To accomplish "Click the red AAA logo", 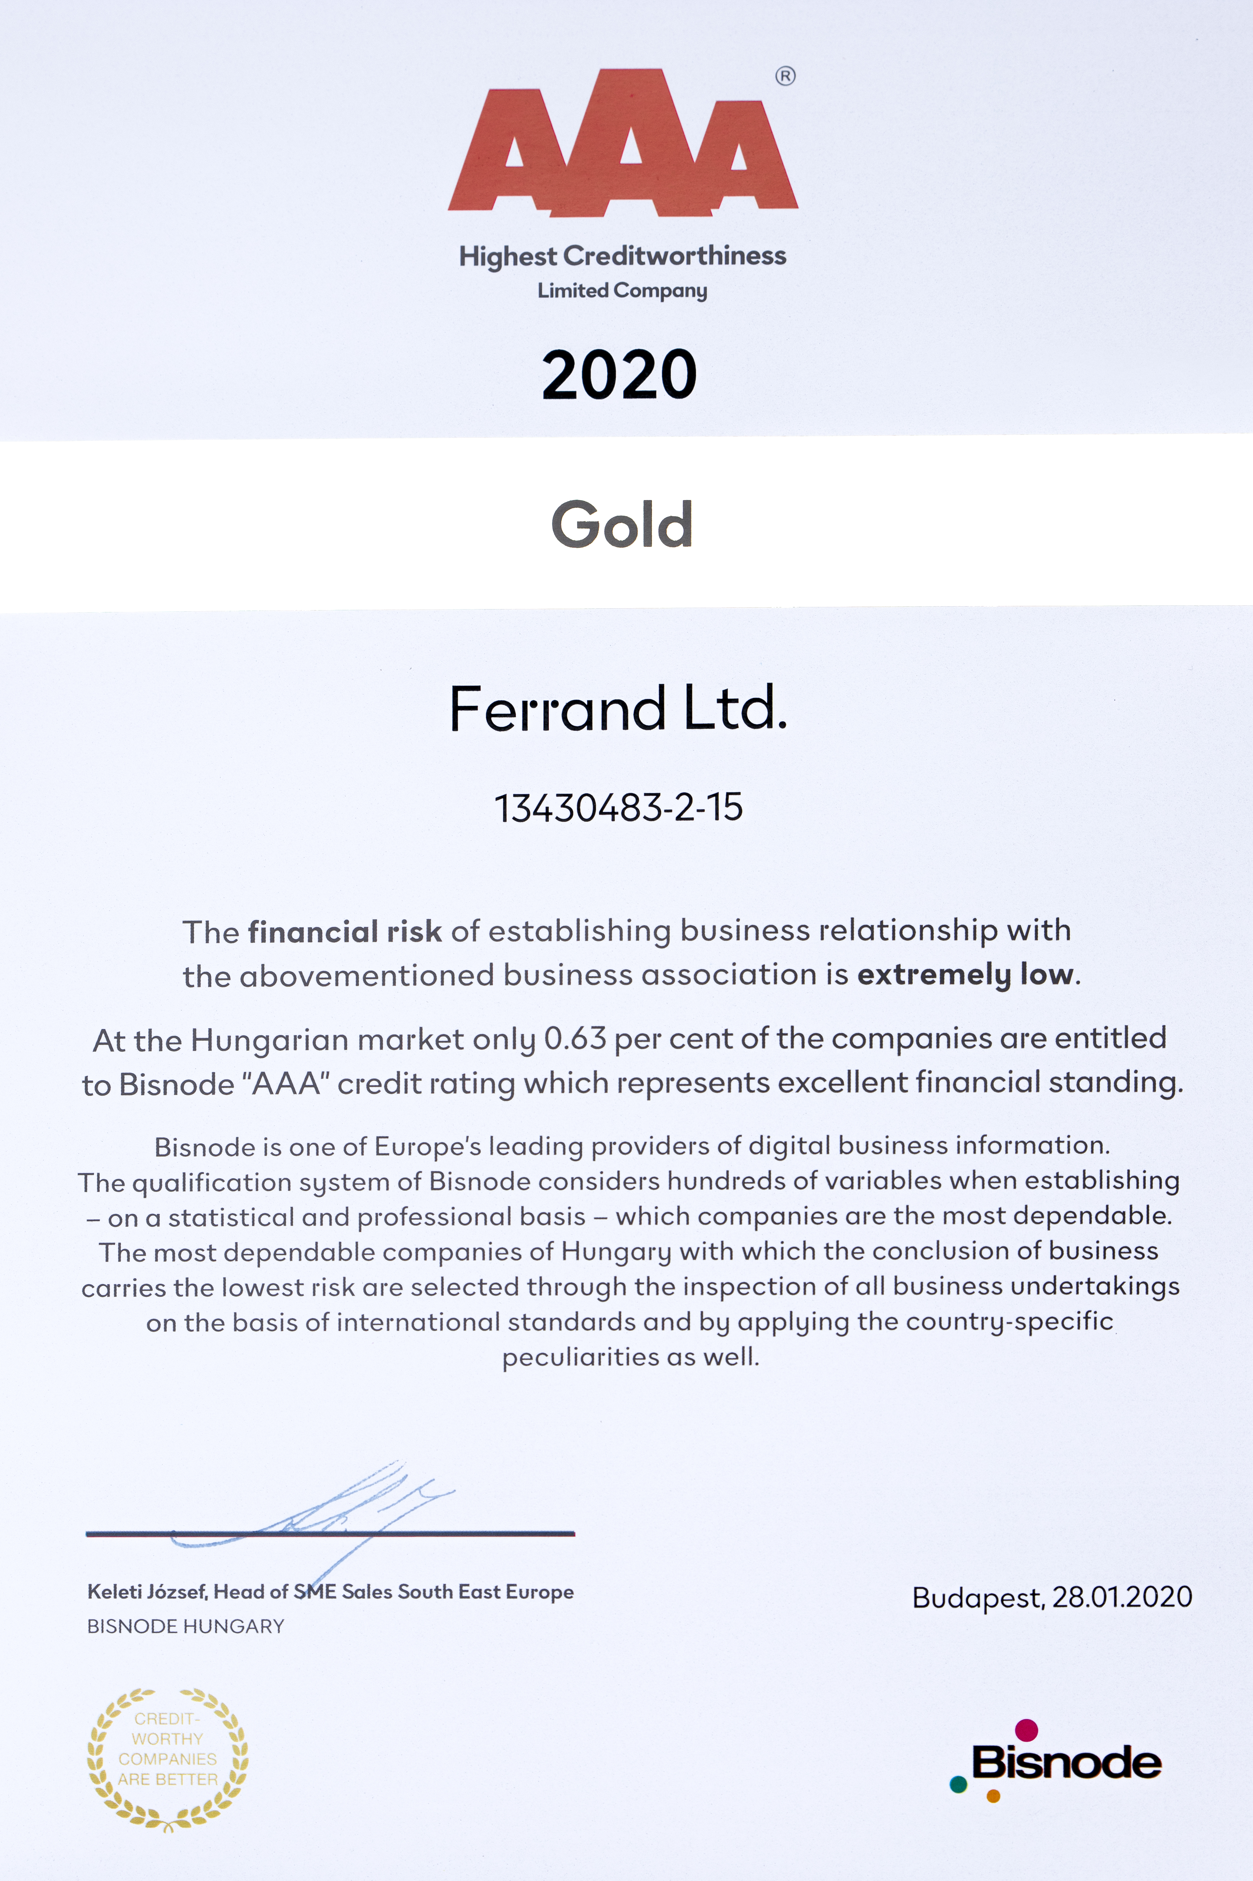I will pos(623,144).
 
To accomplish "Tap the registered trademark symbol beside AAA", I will pos(785,77).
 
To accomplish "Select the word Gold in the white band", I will pos(622,525).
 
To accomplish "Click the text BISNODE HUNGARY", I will pos(185,1626).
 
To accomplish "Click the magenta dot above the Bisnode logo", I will pos(1026,1730).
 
